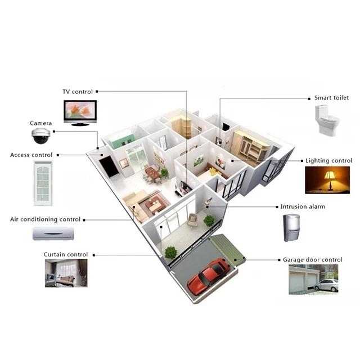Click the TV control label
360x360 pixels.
(x=78, y=91)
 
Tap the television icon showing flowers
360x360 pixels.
(x=79, y=112)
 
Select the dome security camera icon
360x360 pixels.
(x=41, y=135)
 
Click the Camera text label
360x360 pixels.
(x=41, y=123)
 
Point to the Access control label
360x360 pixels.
(x=31, y=155)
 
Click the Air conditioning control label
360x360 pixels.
(x=46, y=219)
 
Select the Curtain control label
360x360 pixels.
(x=66, y=254)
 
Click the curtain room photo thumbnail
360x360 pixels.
(x=66, y=274)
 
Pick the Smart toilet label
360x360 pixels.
(x=331, y=97)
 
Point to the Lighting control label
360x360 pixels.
(x=328, y=160)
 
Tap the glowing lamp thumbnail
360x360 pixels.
(x=327, y=180)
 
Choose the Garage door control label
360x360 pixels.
(x=312, y=260)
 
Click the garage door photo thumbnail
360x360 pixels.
(x=313, y=279)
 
